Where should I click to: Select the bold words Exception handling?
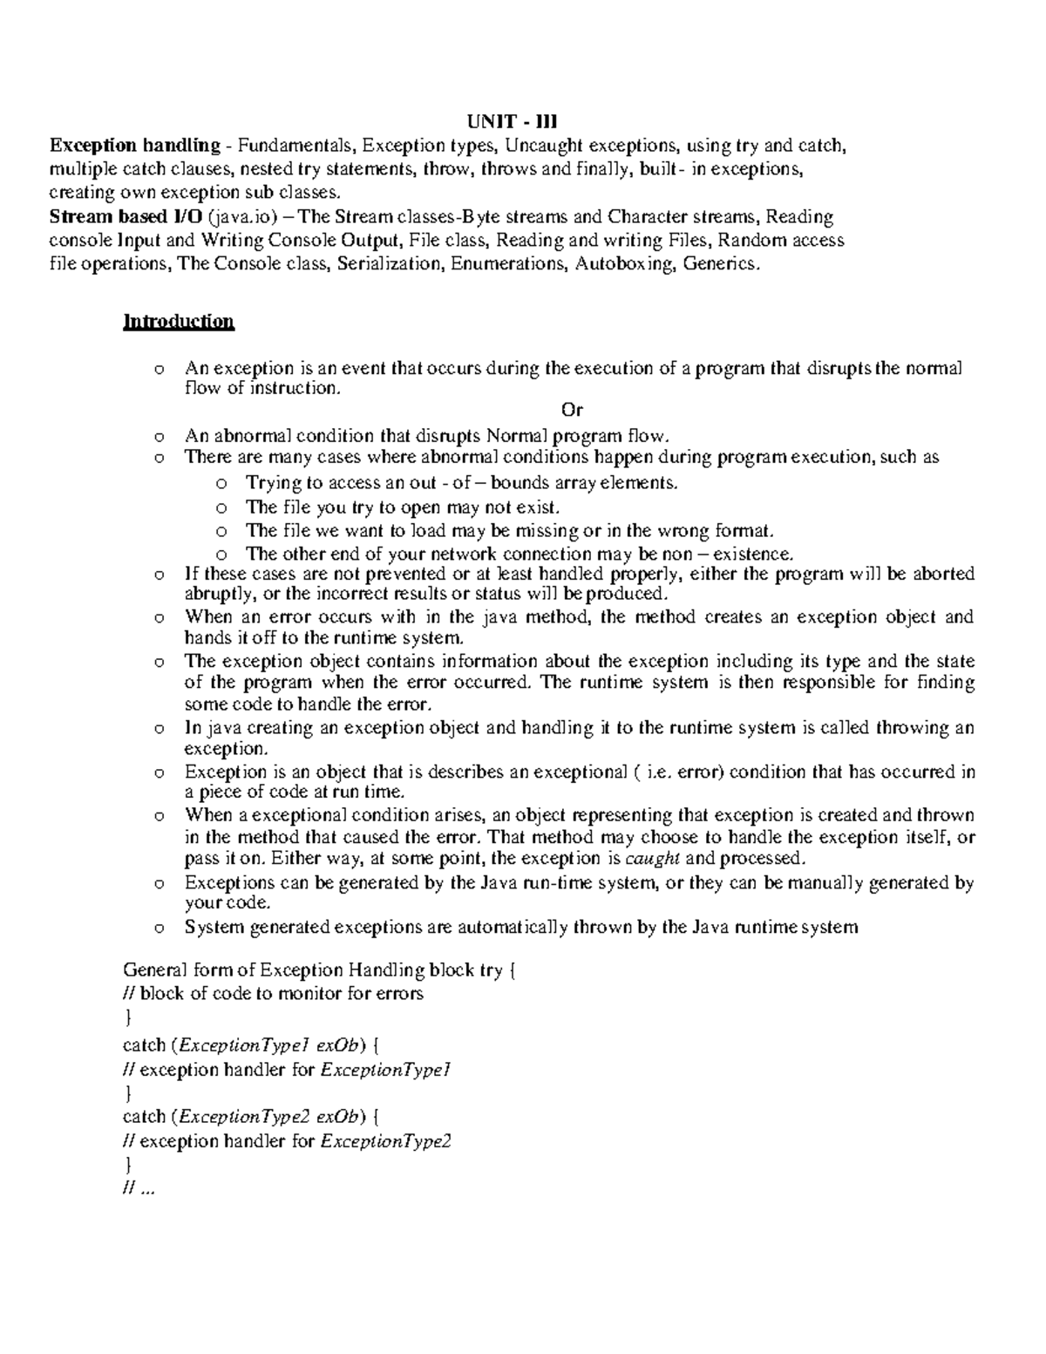click(134, 145)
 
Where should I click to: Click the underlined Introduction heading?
click(179, 322)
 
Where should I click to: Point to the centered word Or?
click(572, 410)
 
